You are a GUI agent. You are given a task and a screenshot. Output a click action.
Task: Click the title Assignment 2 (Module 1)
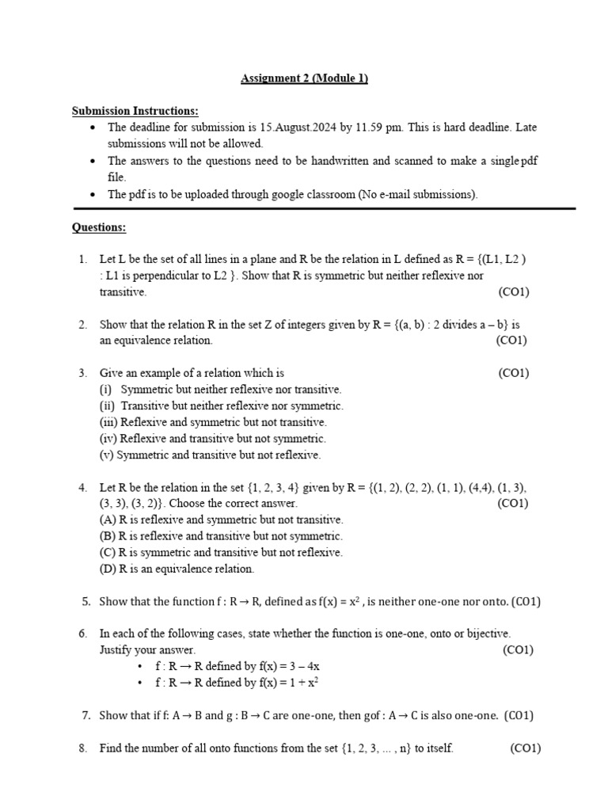tap(304, 78)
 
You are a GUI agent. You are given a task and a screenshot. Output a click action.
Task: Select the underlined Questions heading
tap(99, 227)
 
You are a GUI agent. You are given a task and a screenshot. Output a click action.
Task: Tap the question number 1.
tap(82, 259)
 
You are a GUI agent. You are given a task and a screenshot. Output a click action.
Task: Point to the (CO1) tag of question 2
tap(511, 341)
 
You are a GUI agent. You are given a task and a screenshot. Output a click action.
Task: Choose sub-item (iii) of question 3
tap(213, 422)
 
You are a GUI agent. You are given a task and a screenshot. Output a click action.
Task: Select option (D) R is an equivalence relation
tap(177, 569)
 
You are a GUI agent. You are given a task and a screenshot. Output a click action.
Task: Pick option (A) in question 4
tap(221, 520)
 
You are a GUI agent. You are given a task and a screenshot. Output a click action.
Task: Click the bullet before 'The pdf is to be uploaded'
tap(94, 194)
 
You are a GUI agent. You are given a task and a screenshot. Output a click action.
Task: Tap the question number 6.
tap(82, 634)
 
